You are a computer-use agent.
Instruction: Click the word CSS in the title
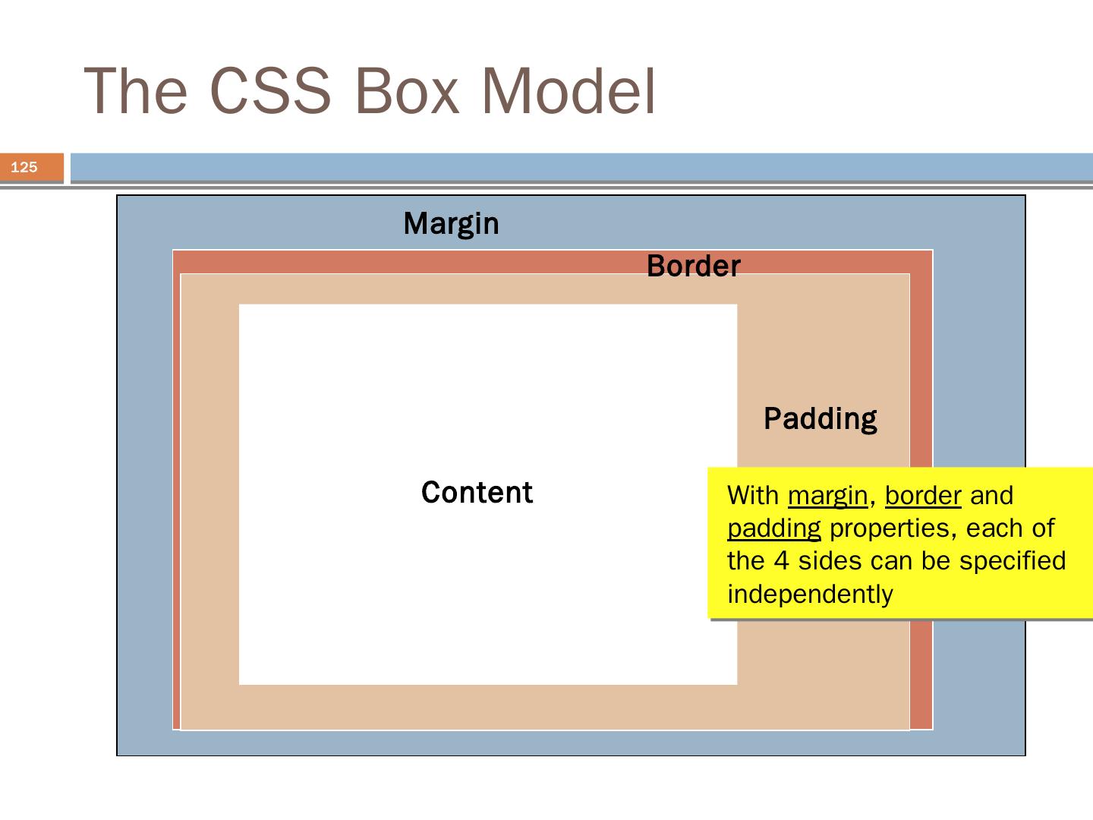270,90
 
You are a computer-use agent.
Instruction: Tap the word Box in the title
407,92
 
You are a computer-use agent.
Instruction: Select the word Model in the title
569,90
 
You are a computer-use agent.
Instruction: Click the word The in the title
135,90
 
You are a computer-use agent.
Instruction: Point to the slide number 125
24,167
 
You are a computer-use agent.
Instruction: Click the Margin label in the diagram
451,224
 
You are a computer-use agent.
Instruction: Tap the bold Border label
694,266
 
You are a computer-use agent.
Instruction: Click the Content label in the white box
477,493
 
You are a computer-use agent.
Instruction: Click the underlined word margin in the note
827,497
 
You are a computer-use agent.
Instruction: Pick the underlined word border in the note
923,495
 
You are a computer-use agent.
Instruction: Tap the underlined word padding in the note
774,529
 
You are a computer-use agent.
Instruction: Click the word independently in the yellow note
810,594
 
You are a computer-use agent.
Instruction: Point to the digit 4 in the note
781,561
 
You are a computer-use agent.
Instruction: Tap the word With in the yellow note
753,495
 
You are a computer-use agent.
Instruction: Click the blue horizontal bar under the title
581,167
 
